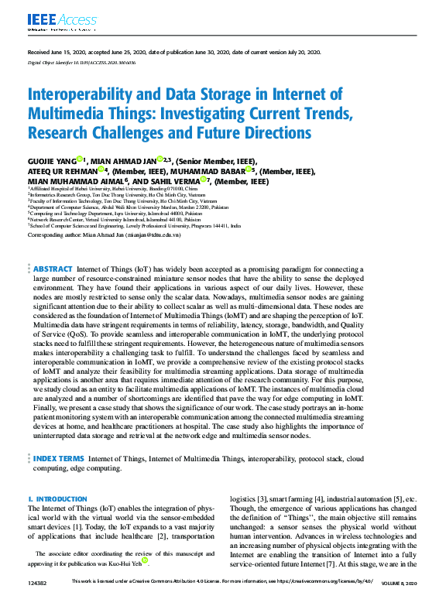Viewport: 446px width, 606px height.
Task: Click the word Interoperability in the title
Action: tap(84, 95)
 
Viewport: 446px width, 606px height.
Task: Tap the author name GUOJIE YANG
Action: tap(52, 160)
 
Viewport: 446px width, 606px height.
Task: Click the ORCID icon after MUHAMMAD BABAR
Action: tap(249, 170)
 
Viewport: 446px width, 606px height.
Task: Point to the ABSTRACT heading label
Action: tap(53, 269)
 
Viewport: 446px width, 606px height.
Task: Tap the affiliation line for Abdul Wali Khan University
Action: tap(129, 207)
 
